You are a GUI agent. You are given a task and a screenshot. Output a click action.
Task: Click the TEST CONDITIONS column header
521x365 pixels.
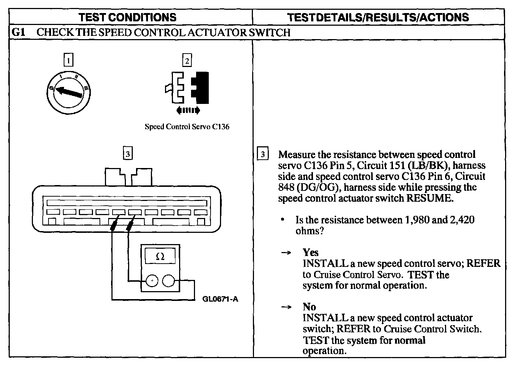pyautogui.click(x=127, y=17)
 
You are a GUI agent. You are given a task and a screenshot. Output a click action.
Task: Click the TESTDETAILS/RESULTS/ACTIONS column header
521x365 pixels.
pyautogui.click(x=378, y=17)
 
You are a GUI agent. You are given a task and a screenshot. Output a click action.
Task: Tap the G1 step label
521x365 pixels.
pyautogui.click(x=18, y=33)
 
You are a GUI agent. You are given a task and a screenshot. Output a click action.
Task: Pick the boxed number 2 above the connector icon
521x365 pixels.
pyautogui.click(x=187, y=60)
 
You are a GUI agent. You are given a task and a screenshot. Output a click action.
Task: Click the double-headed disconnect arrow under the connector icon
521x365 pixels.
pyautogui.click(x=187, y=110)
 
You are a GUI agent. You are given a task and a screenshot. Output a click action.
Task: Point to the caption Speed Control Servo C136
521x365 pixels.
pyautogui.click(x=187, y=127)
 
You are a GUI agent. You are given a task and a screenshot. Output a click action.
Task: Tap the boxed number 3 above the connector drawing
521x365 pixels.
pyautogui.click(x=127, y=154)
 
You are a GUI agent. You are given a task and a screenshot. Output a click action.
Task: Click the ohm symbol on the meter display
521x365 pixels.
pyautogui.click(x=160, y=257)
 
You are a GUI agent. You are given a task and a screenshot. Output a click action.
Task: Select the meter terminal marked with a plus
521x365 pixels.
pyautogui.click(x=152, y=281)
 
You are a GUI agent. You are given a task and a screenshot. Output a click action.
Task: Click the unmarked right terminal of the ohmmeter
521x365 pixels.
pyautogui.click(x=169, y=281)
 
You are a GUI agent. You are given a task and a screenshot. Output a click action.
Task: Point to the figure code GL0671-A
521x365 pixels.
pyautogui.click(x=220, y=299)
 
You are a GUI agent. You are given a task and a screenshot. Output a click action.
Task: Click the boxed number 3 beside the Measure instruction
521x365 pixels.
pyautogui.click(x=263, y=154)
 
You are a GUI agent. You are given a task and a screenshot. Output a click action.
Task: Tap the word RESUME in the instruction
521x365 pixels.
pyautogui.click(x=429, y=198)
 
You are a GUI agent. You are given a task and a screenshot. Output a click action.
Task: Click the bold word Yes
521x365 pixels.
pyautogui.click(x=310, y=252)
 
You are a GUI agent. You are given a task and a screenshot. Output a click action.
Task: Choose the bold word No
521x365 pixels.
pyautogui.click(x=309, y=307)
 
